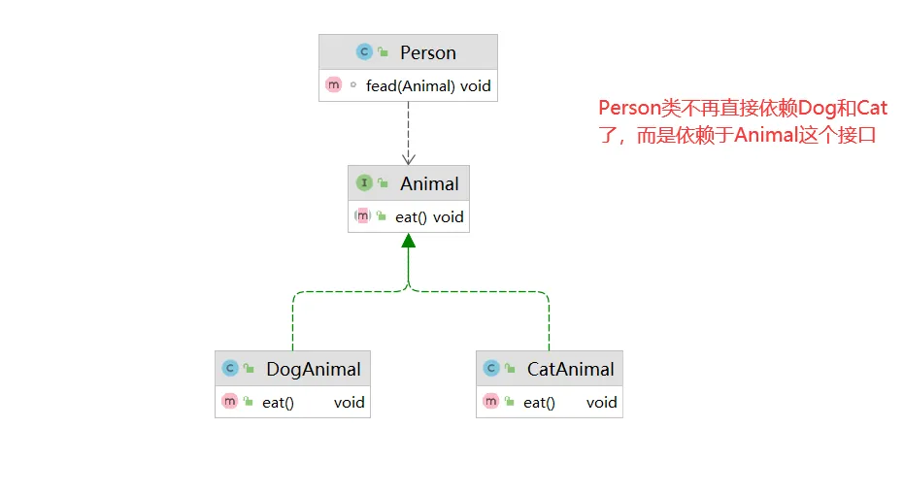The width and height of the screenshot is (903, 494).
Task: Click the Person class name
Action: [x=427, y=52]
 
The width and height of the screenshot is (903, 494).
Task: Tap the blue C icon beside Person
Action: [x=364, y=52]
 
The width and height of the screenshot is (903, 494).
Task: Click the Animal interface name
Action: [x=429, y=183]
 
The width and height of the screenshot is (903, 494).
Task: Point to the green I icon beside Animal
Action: [x=364, y=182]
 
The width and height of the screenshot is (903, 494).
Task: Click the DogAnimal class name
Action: [x=313, y=369]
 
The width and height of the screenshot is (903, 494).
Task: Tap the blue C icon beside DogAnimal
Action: [x=230, y=369]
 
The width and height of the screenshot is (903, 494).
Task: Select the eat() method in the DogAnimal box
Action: [x=278, y=402]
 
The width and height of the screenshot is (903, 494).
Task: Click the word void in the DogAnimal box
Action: [x=350, y=402]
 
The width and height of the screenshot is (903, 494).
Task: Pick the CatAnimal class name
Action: [x=570, y=369]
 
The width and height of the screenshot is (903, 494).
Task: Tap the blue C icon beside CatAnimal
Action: [x=491, y=369]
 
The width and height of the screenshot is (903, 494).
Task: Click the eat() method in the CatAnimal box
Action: [x=539, y=402]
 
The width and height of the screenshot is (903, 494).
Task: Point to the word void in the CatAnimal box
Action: [x=601, y=402]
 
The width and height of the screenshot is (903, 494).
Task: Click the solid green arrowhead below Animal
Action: [x=409, y=242]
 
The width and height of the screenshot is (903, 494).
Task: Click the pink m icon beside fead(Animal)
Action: [x=334, y=85]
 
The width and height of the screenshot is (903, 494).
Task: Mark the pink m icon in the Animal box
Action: [x=362, y=216]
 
